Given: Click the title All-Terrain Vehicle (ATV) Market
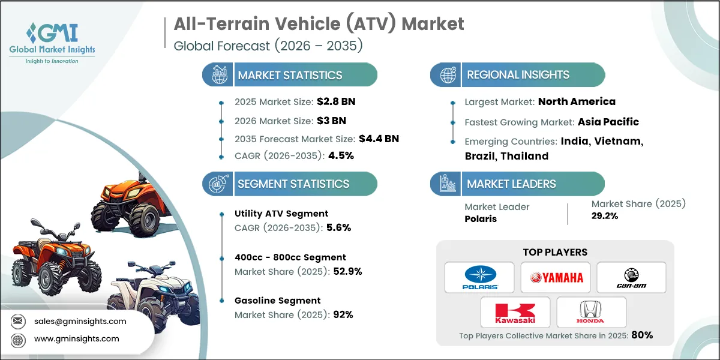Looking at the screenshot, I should click(x=319, y=24).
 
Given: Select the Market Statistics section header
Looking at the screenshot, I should click(x=290, y=75).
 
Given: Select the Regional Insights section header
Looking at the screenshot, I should click(x=518, y=75).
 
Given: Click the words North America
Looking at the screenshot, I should click(x=577, y=101).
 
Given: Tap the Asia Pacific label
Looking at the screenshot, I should click(x=608, y=122).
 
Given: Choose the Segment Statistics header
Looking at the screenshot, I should click(x=293, y=184).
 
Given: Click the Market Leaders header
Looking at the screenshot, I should click(x=511, y=184).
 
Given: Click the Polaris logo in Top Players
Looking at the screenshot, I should click(x=479, y=277).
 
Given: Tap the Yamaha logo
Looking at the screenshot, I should click(x=555, y=277).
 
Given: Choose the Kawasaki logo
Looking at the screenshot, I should click(x=515, y=312).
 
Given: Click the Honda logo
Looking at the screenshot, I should click(x=591, y=312).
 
